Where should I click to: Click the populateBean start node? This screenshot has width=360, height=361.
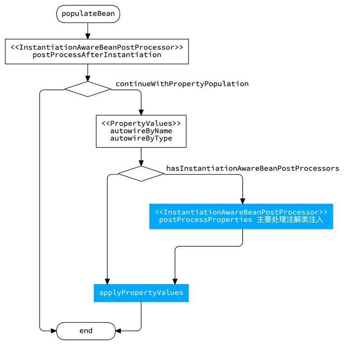88,14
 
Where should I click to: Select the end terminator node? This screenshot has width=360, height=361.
86,331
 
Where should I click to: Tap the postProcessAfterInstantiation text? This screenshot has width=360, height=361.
97,55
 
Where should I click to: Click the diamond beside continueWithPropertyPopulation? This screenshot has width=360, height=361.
88,89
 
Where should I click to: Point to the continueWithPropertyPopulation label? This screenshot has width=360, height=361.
182,84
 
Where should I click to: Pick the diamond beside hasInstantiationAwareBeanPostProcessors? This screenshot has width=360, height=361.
141,173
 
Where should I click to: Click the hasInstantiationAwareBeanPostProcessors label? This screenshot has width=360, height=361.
253,168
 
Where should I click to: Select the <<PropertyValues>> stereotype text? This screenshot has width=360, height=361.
141,123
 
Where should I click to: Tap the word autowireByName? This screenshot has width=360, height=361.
141,131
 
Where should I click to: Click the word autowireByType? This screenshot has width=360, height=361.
141,138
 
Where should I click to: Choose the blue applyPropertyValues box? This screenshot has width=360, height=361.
141,293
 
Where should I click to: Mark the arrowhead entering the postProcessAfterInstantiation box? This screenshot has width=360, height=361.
88,36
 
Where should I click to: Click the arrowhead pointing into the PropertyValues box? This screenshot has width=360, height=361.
141,112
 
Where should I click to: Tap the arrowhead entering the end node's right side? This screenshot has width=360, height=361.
119,331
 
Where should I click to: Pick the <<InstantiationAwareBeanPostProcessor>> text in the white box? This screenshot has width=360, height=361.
97,47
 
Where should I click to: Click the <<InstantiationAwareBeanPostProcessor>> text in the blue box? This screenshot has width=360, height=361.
241,212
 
